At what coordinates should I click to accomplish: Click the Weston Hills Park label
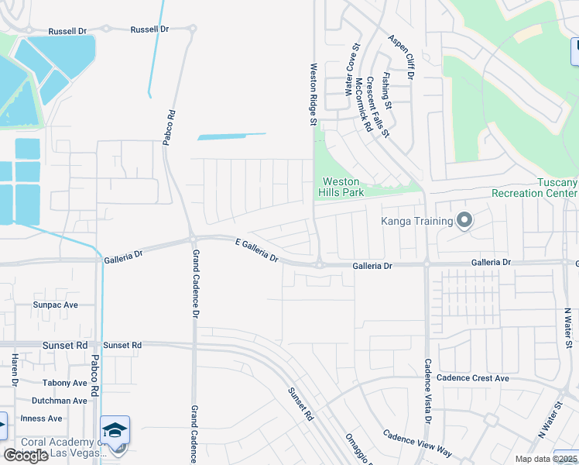[341, 187]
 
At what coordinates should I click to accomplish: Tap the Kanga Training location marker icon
[464, 221]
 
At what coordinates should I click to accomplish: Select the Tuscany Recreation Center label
[535, 187]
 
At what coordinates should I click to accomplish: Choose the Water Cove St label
[348, 74]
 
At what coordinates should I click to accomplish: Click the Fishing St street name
[386, 92]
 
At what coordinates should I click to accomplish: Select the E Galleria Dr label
[256, 250]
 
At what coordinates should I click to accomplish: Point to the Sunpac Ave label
[56, 305]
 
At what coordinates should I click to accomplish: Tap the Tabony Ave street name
[65, 383]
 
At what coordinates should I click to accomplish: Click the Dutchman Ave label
[60, 401]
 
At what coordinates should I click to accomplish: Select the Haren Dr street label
[14, 370]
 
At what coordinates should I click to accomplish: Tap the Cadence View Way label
[417, 443]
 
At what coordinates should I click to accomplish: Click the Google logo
[26, 456]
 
